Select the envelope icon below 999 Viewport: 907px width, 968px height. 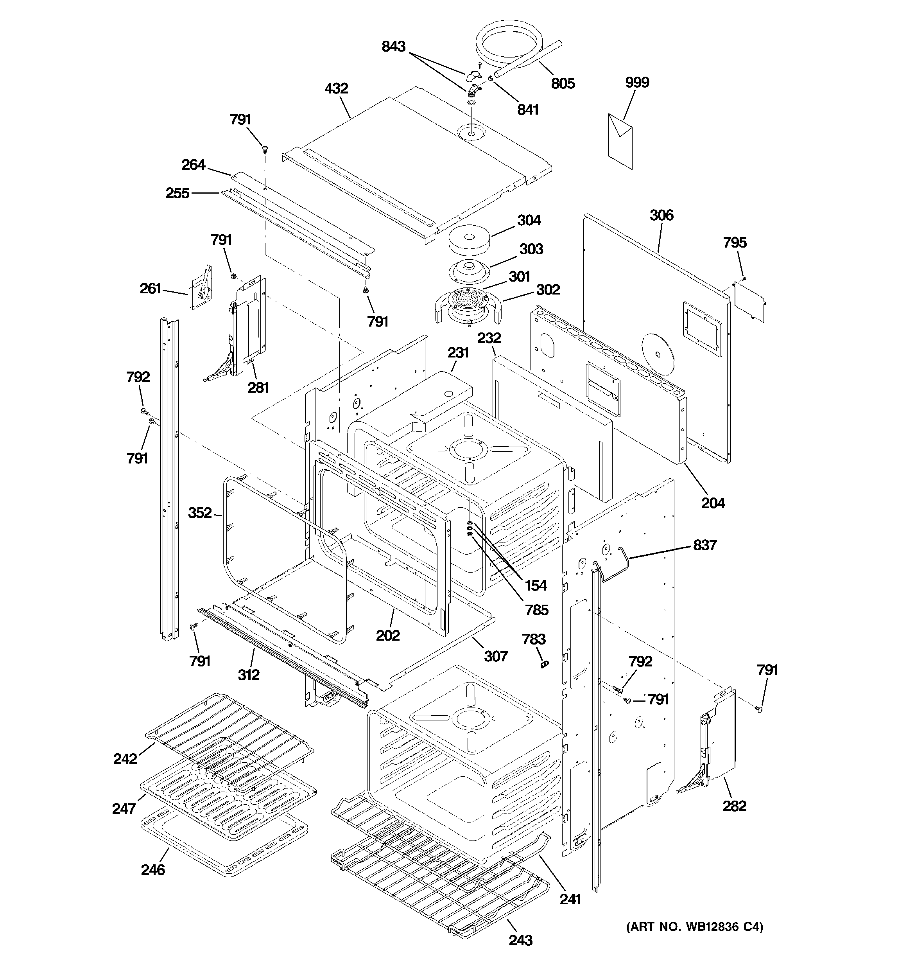coord(620,141)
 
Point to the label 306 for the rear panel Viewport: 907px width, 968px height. coord(661,215)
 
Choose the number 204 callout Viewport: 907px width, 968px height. coord(713,503)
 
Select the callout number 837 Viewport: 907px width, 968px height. coord(704,545)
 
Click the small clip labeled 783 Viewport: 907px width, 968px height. coord(544,663)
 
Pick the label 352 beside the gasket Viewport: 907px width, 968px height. coord(200,513)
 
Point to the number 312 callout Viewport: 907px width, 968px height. coord(248,675)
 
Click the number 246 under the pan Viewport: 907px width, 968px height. coord(153,870)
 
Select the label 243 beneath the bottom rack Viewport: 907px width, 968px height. coord(520,940)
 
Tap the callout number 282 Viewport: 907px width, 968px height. coord(734,806)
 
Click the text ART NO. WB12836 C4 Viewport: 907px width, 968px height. coord(694,927)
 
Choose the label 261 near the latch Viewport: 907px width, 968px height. coord(151,289)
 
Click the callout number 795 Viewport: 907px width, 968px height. coord(735,242)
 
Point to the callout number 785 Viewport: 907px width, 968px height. coord(536,610)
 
